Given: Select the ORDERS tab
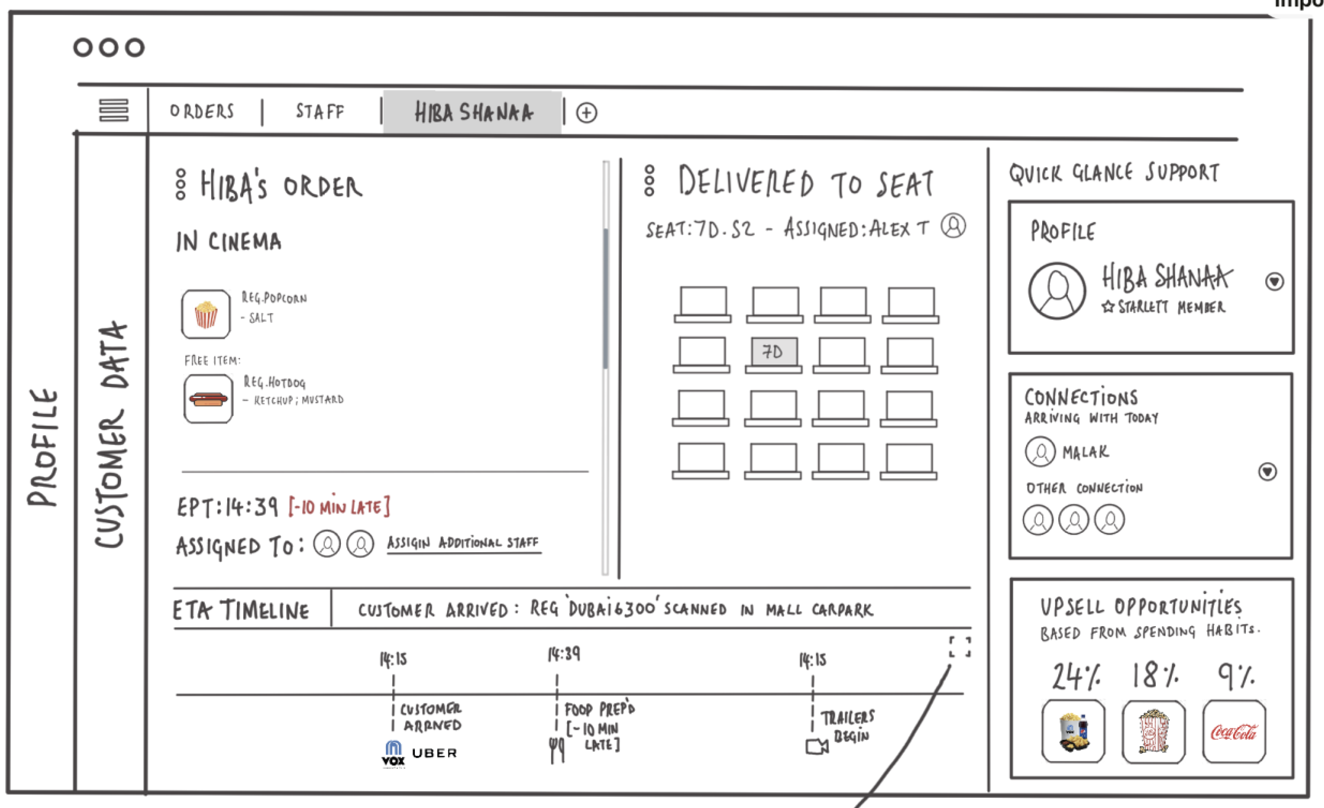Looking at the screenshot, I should [x=202, y=111].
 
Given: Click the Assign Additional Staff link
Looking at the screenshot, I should [x=463, y=543].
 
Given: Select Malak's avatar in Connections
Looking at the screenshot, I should [x=1040, y=451].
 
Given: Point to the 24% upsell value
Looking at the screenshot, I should [x=1076, y=676].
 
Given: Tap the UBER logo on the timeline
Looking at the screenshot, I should [x=434, y=753].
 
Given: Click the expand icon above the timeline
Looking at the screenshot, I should [x=960, y=647].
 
